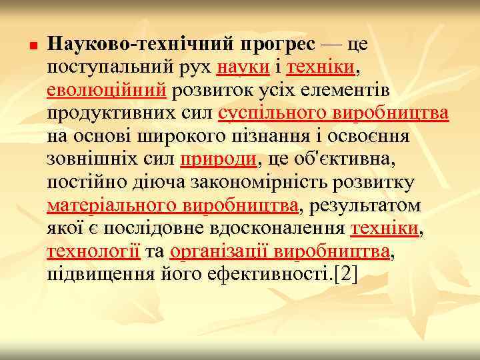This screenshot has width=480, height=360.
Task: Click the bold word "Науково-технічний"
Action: click(137, 45)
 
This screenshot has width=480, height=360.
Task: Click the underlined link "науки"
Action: click(244, 67)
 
